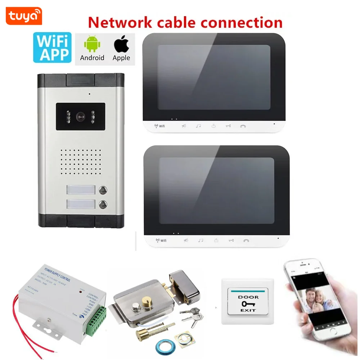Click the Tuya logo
click(24, 16)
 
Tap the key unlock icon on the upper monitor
click(228, 126)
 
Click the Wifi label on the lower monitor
click(161, 240)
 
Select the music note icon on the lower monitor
click(201, 240)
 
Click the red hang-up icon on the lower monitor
click(246, 240)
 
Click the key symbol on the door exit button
click(248, 303)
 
